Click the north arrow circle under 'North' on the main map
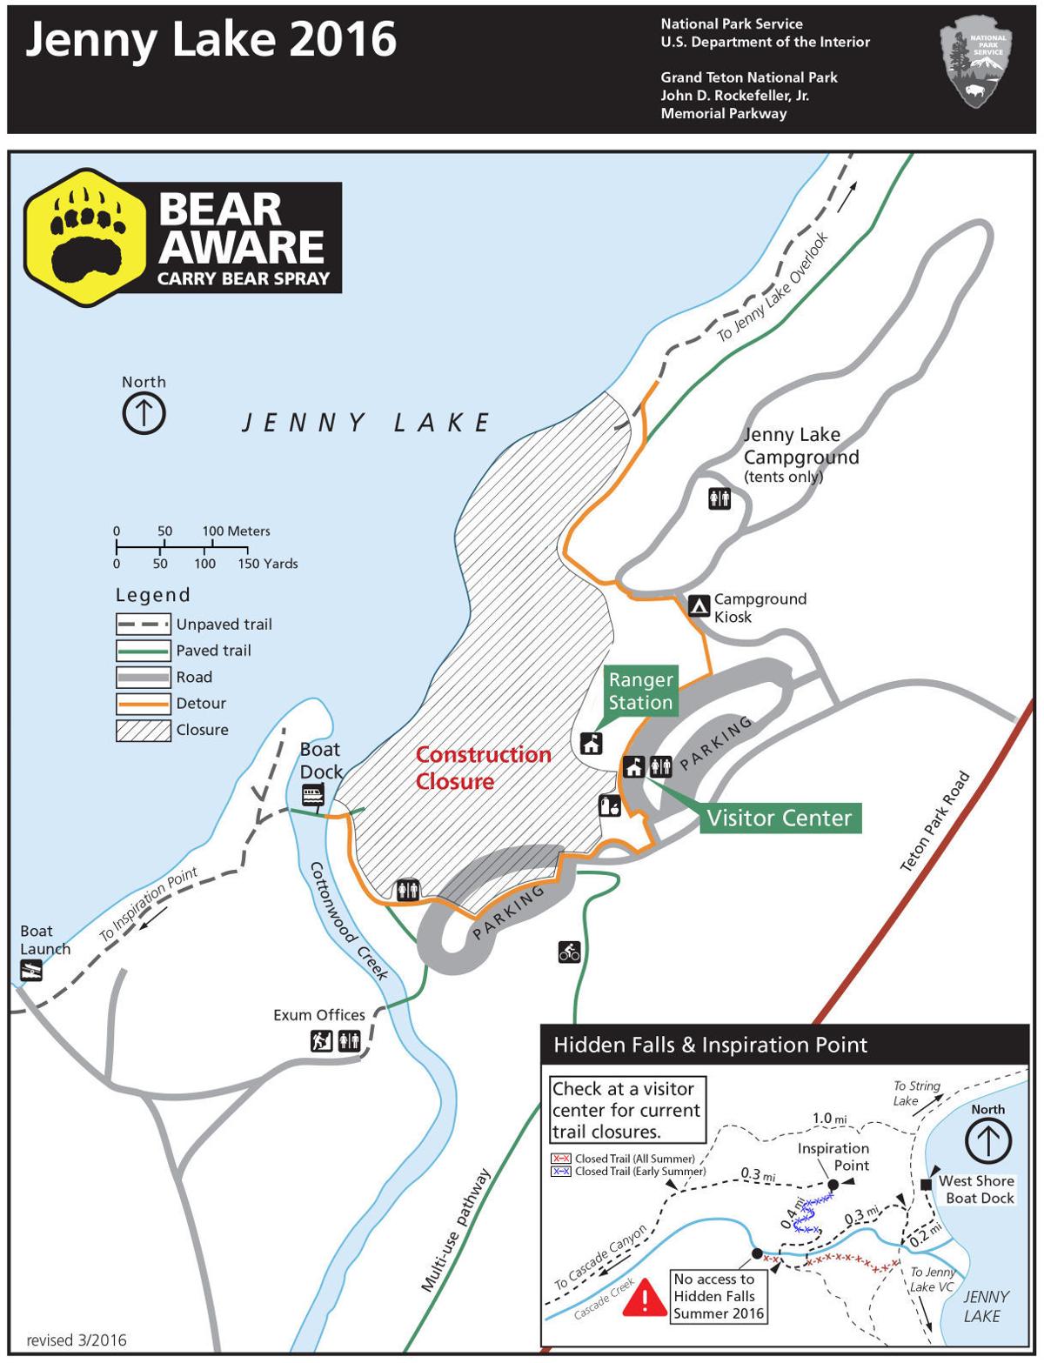point(144,413)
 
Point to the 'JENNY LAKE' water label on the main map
point(366,424)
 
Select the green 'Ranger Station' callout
point(640,692)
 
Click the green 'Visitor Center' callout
point(779,818)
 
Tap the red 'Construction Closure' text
point(483,767)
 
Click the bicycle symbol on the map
point(569,952)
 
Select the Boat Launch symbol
point(30,972)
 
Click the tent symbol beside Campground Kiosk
point(698,605)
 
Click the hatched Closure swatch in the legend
point(143,730)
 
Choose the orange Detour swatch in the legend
point(143,703)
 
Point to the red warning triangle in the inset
point(644,1299)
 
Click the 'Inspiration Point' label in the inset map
point(833,1157)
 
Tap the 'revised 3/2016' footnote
point(77,1340)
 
